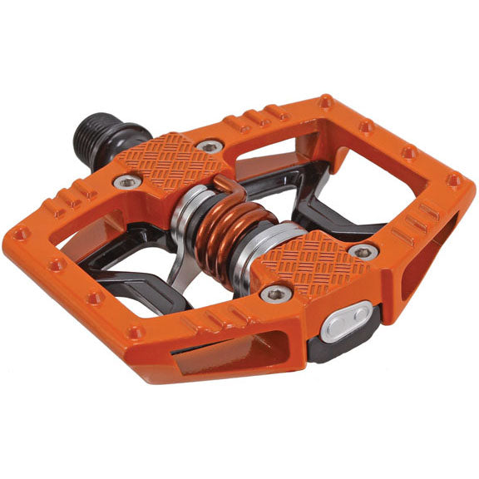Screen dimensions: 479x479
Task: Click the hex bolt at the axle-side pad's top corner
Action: pyautogui.click(x=211, y=146)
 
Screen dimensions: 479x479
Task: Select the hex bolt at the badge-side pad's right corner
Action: pyautogui.click(x=364, y=251)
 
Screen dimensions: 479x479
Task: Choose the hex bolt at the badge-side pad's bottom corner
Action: pyautogui.click(x=276, y=293)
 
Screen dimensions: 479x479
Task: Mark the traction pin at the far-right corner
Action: pyautogui.click(x=453, y=179)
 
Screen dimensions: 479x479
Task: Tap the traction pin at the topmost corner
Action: pyautogui.click(x=324, y=102)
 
